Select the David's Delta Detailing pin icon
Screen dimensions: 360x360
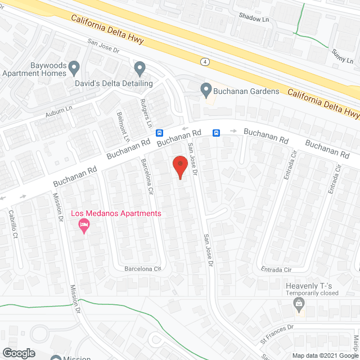pyautogui.click(x=140, y=69)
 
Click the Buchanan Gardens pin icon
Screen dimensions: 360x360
pyautogui.click(x=206, y=89)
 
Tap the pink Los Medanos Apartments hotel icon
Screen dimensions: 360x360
pyautogui.click(x=83, y=226)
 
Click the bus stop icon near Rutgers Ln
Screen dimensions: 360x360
pyautogui.click(x=160, y=133)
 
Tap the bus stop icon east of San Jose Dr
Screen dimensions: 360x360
pyautogui.click(x=216, y=133)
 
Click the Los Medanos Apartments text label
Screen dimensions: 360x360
pyautogui.click(x=116, y=214)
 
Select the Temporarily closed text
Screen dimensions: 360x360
pyautogui.click(x=312, y=293)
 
